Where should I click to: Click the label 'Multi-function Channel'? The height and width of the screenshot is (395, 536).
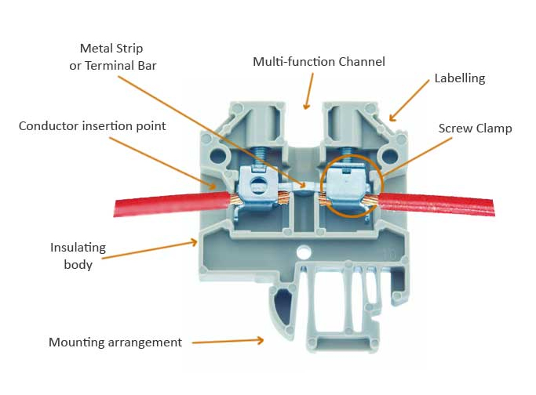[x=319, y=61]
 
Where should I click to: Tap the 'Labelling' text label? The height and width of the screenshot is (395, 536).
[x=460, y=78]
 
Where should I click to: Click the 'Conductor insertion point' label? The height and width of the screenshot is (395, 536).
[x=93, y=125]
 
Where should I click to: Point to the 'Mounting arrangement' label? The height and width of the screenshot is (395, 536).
[x=115, y=342]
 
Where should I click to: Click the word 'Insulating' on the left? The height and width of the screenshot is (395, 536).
[x=78, y=248]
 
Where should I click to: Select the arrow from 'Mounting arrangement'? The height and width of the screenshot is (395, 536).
[x=228, y=341]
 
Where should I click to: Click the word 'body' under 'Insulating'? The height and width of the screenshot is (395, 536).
[x=78, y=265]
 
